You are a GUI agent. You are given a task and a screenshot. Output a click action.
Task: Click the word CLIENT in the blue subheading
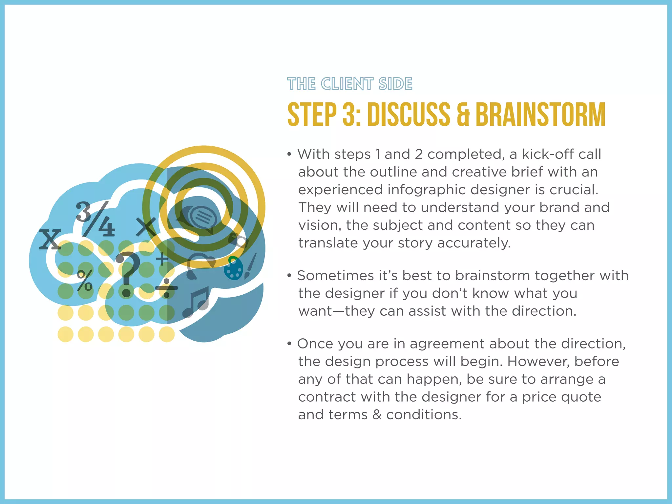[347, 84]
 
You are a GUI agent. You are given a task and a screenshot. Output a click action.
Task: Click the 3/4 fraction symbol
[95, 219]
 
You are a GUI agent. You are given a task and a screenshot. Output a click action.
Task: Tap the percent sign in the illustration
[85, 281]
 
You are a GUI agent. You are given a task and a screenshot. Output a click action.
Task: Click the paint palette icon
[233, 268]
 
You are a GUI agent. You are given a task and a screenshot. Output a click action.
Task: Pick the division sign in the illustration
[166, 288]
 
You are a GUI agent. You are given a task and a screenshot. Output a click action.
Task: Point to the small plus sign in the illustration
[162, 259]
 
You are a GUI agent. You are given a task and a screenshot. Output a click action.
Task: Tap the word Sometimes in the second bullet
[335, 276]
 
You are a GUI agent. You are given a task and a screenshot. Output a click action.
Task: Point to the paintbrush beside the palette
[250, 266]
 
